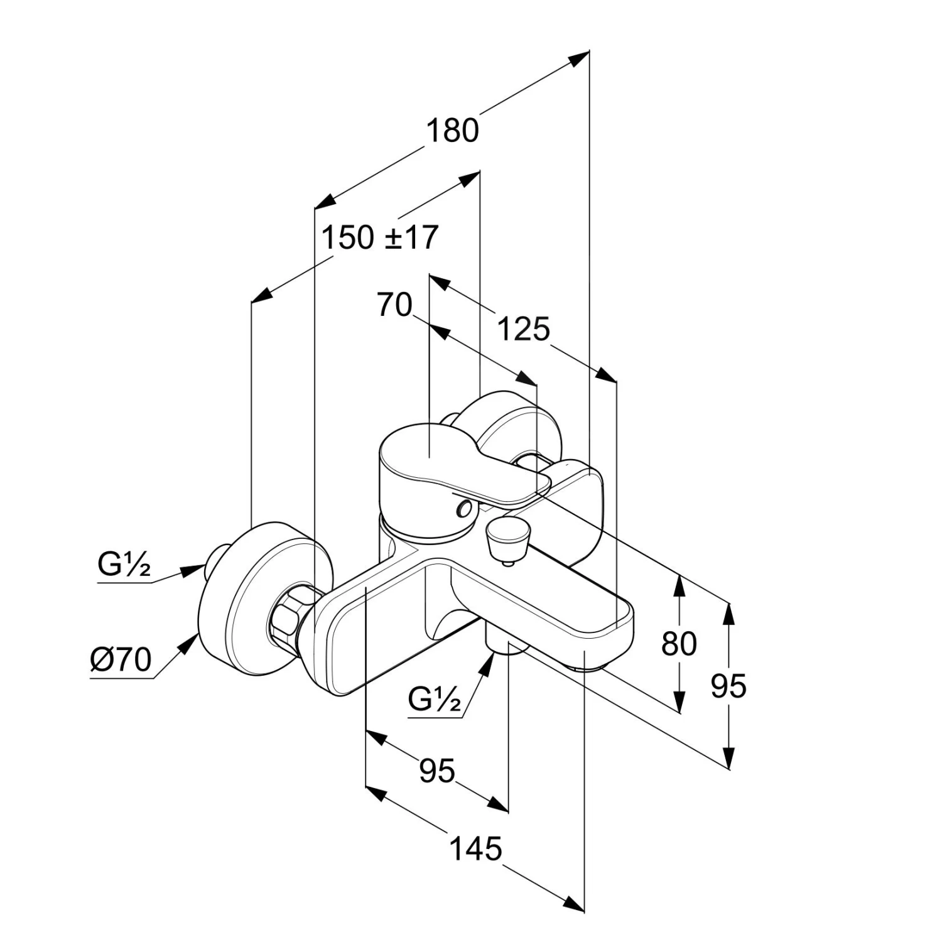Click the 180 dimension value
(x=452, y=131)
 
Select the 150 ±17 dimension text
(x=379, y=238)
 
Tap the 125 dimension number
(x=523, y=329)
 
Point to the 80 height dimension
(x=679, y=644)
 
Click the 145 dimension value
(x=476, y=849)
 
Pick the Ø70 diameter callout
(x=121, y=659)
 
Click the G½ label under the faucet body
(x=434, y=698)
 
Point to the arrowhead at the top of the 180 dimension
(x=579, y=58)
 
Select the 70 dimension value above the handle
(x=394, y=306)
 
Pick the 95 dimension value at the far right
(x=728, y=686)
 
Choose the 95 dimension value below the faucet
(x=437, y=771)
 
